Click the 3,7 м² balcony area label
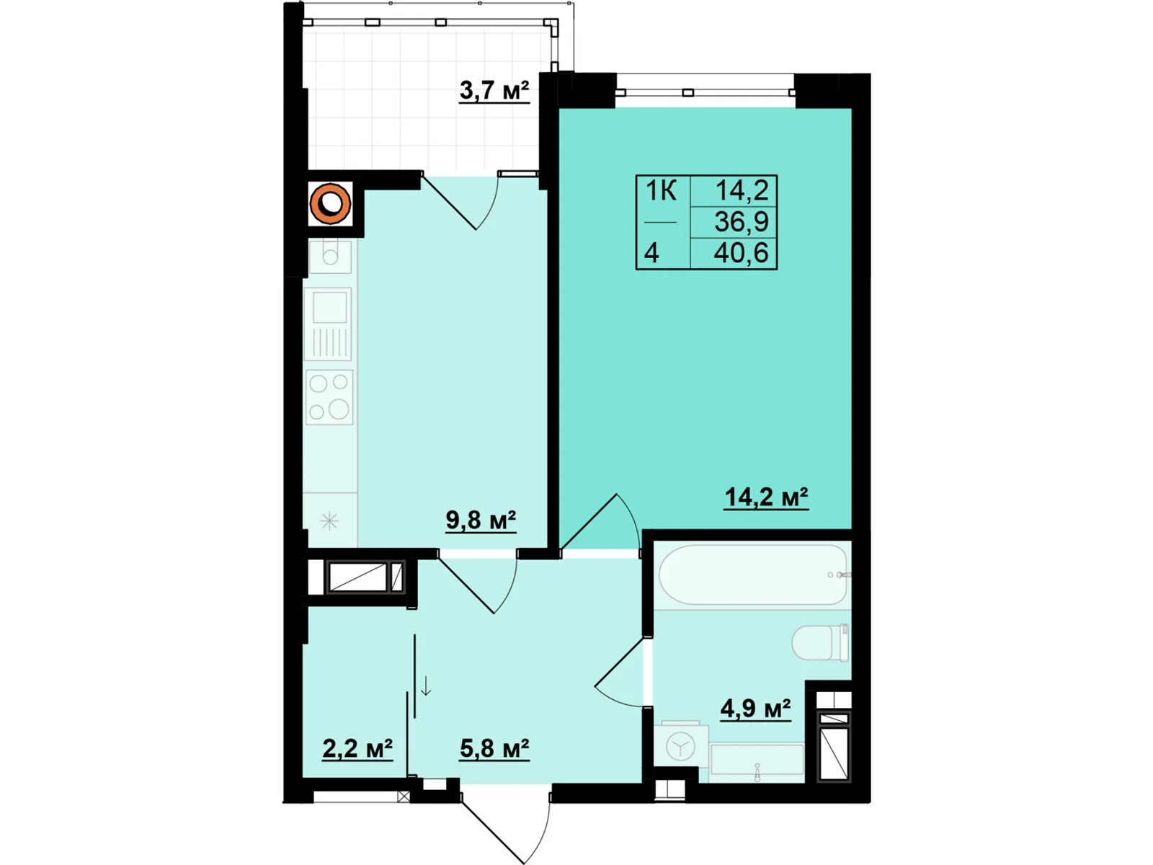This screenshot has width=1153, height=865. coord(494,91)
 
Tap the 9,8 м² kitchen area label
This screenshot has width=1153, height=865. coord(481,520)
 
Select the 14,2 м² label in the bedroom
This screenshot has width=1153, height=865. coord(767,497)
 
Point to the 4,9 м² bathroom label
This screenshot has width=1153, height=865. coord(755,709)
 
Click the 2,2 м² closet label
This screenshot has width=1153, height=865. coord(357,748)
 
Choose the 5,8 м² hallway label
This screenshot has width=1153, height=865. coord(494,748)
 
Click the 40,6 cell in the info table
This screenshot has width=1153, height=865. coord(742,253)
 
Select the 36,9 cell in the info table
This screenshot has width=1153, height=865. coord(742,221)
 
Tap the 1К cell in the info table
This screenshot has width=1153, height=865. coord(661,190)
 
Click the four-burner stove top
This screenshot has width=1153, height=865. coord(329,397)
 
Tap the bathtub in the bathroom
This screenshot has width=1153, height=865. coord(753,575)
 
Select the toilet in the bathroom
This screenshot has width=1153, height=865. coord(821,642)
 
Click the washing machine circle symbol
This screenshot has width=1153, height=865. coord(680,746)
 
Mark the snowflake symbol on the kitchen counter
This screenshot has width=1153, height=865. coord(329,521)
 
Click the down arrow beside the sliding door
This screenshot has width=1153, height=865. coord(426,686)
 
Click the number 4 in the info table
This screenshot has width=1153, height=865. coord(651,253)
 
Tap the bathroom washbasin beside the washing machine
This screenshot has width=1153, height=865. coord(757,758)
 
